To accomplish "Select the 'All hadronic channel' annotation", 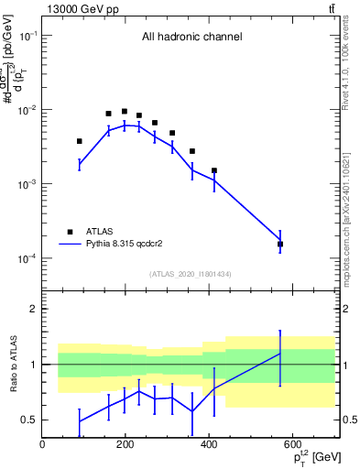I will [x=191, y=38].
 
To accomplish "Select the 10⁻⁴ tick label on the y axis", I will [x=28, y=258].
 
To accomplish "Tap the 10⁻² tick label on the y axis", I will [x=28, y=110].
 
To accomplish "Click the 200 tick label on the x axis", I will [x=126, y=445].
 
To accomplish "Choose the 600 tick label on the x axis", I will [x=293, y=445].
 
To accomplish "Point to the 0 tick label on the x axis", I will [x=43, y=445].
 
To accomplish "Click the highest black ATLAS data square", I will [x=125, y=112].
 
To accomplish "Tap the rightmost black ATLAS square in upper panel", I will [x=280, y=245].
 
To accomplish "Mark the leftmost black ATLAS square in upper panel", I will [x=80, y=141].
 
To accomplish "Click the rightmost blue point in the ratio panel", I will [x=280, y=354].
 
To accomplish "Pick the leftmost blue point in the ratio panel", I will [x=80, y=421].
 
